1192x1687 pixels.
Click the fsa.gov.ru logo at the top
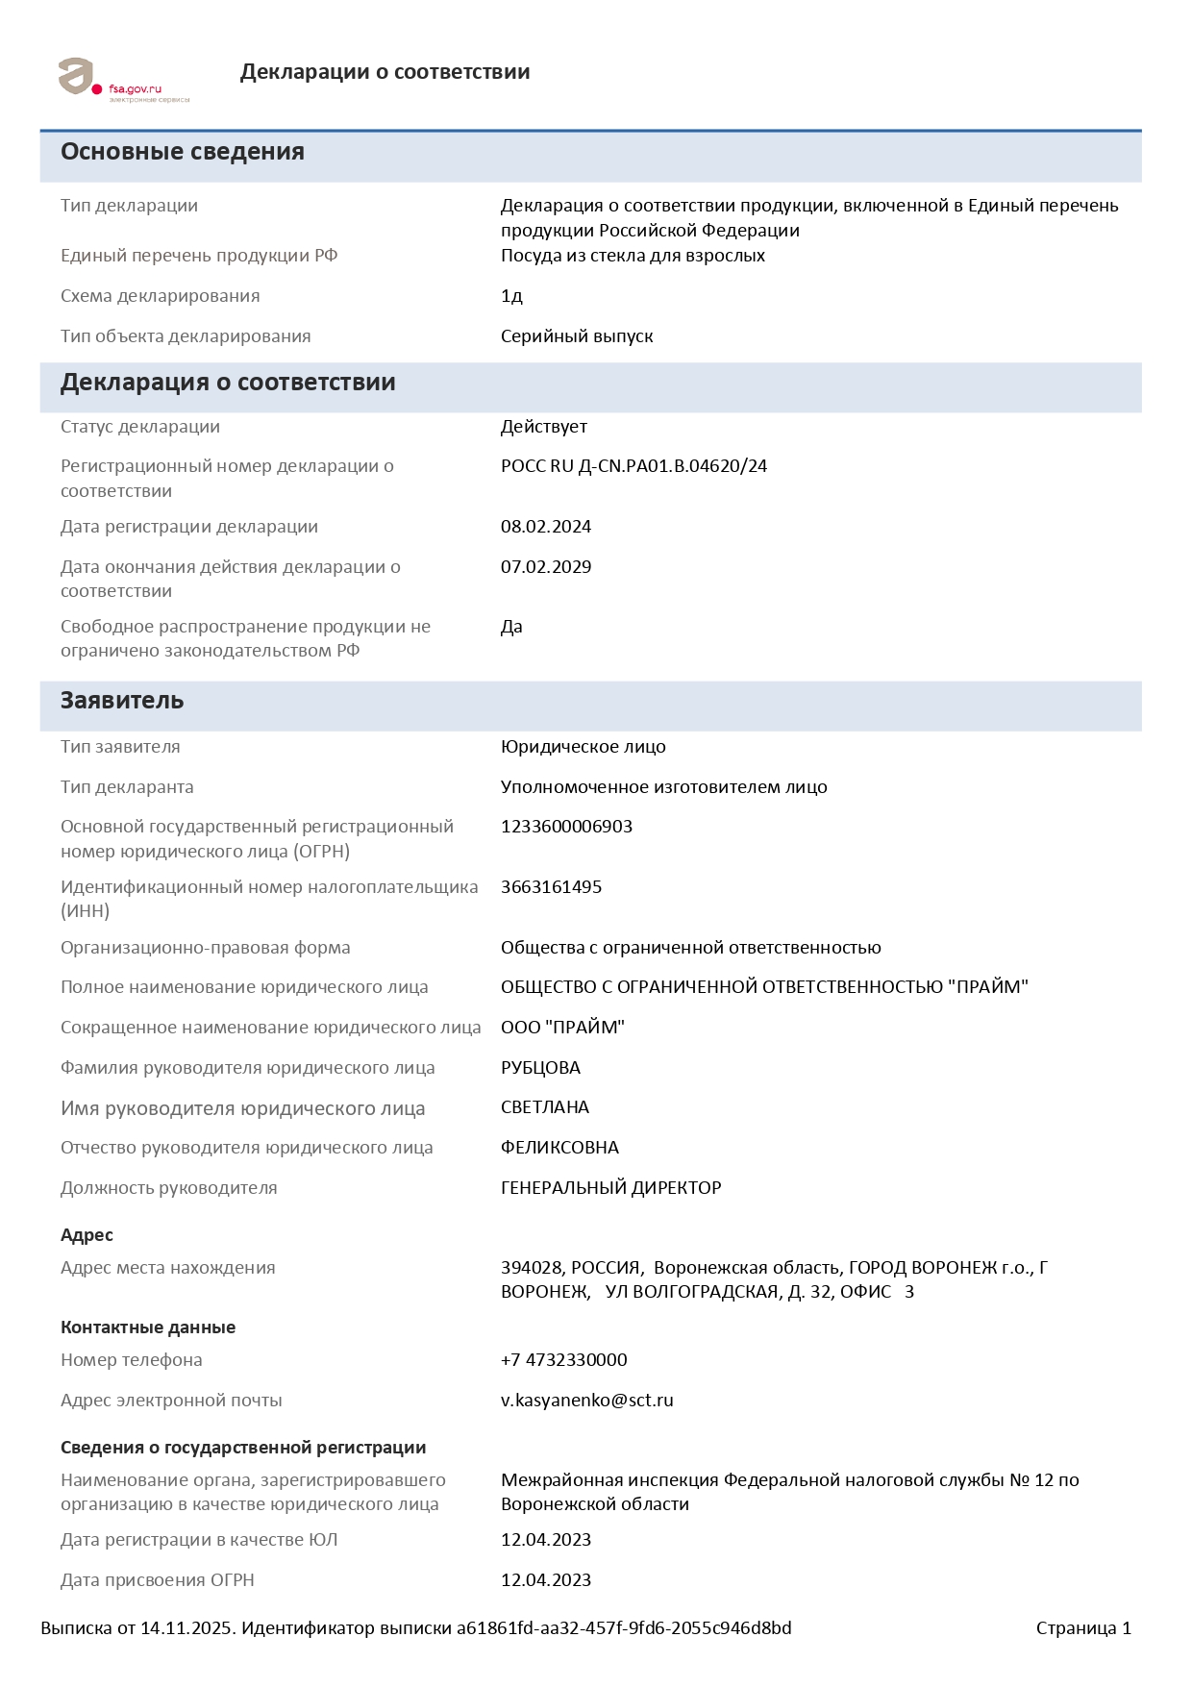click(x=123, y=80)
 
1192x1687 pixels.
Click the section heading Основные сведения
click(x=183, y=152)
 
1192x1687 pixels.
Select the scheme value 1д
click(x=511, y=296)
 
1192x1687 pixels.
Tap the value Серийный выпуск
click(x=577, y=336)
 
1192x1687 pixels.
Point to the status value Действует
click(x=544, y=427)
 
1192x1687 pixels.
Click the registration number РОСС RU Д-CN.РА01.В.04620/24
click(x=633, y=466)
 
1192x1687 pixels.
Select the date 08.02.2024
click(x=546, y=527)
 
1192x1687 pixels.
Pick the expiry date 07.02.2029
click(x=546, y=567)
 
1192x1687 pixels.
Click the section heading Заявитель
click(x=122, y=701)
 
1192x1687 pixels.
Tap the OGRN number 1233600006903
click(x=566, y=827)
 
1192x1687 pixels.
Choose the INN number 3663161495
click(x=551, y=887)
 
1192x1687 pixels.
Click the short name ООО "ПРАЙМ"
click(x=562, y=1028)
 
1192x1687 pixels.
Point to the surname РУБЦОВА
click(x=540, y=1068)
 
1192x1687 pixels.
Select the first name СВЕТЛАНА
click(x=545, y=1107)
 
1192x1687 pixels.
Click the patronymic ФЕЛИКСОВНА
click(x=559, y=1148)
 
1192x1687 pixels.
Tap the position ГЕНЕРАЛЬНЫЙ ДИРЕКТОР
click(x=610, y=1188)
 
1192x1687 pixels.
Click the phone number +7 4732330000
click(x=563, y=1360)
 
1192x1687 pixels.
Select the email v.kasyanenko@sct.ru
click(x=586, y=1401)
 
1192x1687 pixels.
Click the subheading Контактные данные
click(x=148, y=1327)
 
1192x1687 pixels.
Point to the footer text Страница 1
click(x=1083, y=1628)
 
